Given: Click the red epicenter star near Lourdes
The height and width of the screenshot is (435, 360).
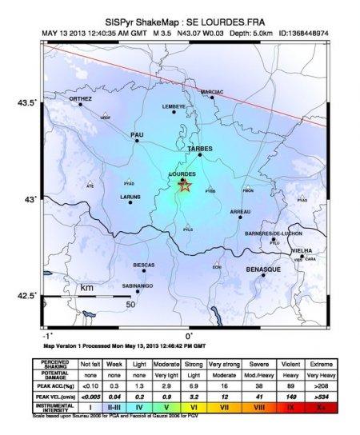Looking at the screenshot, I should click(x=185, y=187).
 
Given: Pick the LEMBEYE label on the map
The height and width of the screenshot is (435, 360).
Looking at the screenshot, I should click(x=174, y=106).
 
